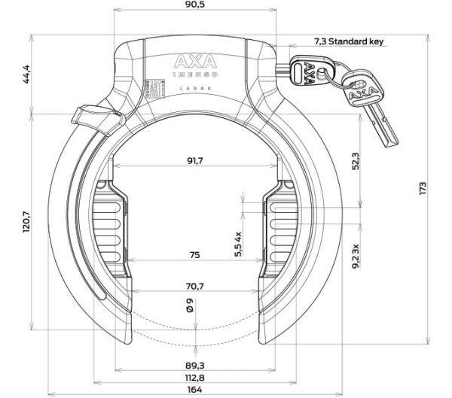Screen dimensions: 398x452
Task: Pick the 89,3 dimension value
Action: point(194,364)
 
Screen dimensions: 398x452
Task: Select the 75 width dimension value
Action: point(194,256)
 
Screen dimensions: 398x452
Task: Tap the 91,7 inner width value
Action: point(194,160)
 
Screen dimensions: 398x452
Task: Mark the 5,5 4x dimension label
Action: point(238,242)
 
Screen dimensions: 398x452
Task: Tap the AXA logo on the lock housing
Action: point(194,61)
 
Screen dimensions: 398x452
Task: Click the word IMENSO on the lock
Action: point(194,74)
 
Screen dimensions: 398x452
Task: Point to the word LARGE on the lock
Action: point(194,88)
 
